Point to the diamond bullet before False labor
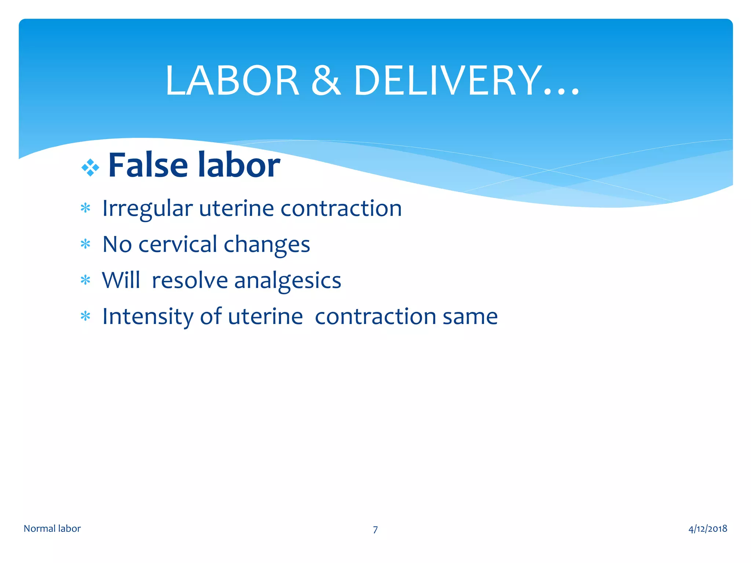[x=90, y=168]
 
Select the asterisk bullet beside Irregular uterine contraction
[x=85, y=209]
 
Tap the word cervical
[x=177, y=244]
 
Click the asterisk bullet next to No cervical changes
[x=85, y=244]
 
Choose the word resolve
[x=190, y=280]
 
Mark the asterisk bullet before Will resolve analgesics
[x=85, y=280]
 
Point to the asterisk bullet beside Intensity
[x=85, y=316]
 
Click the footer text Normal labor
[x=52, y=529]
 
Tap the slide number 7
[x=375, y=530]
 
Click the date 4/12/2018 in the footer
[x=707, y=529]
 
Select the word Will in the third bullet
[x=121, y=280]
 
